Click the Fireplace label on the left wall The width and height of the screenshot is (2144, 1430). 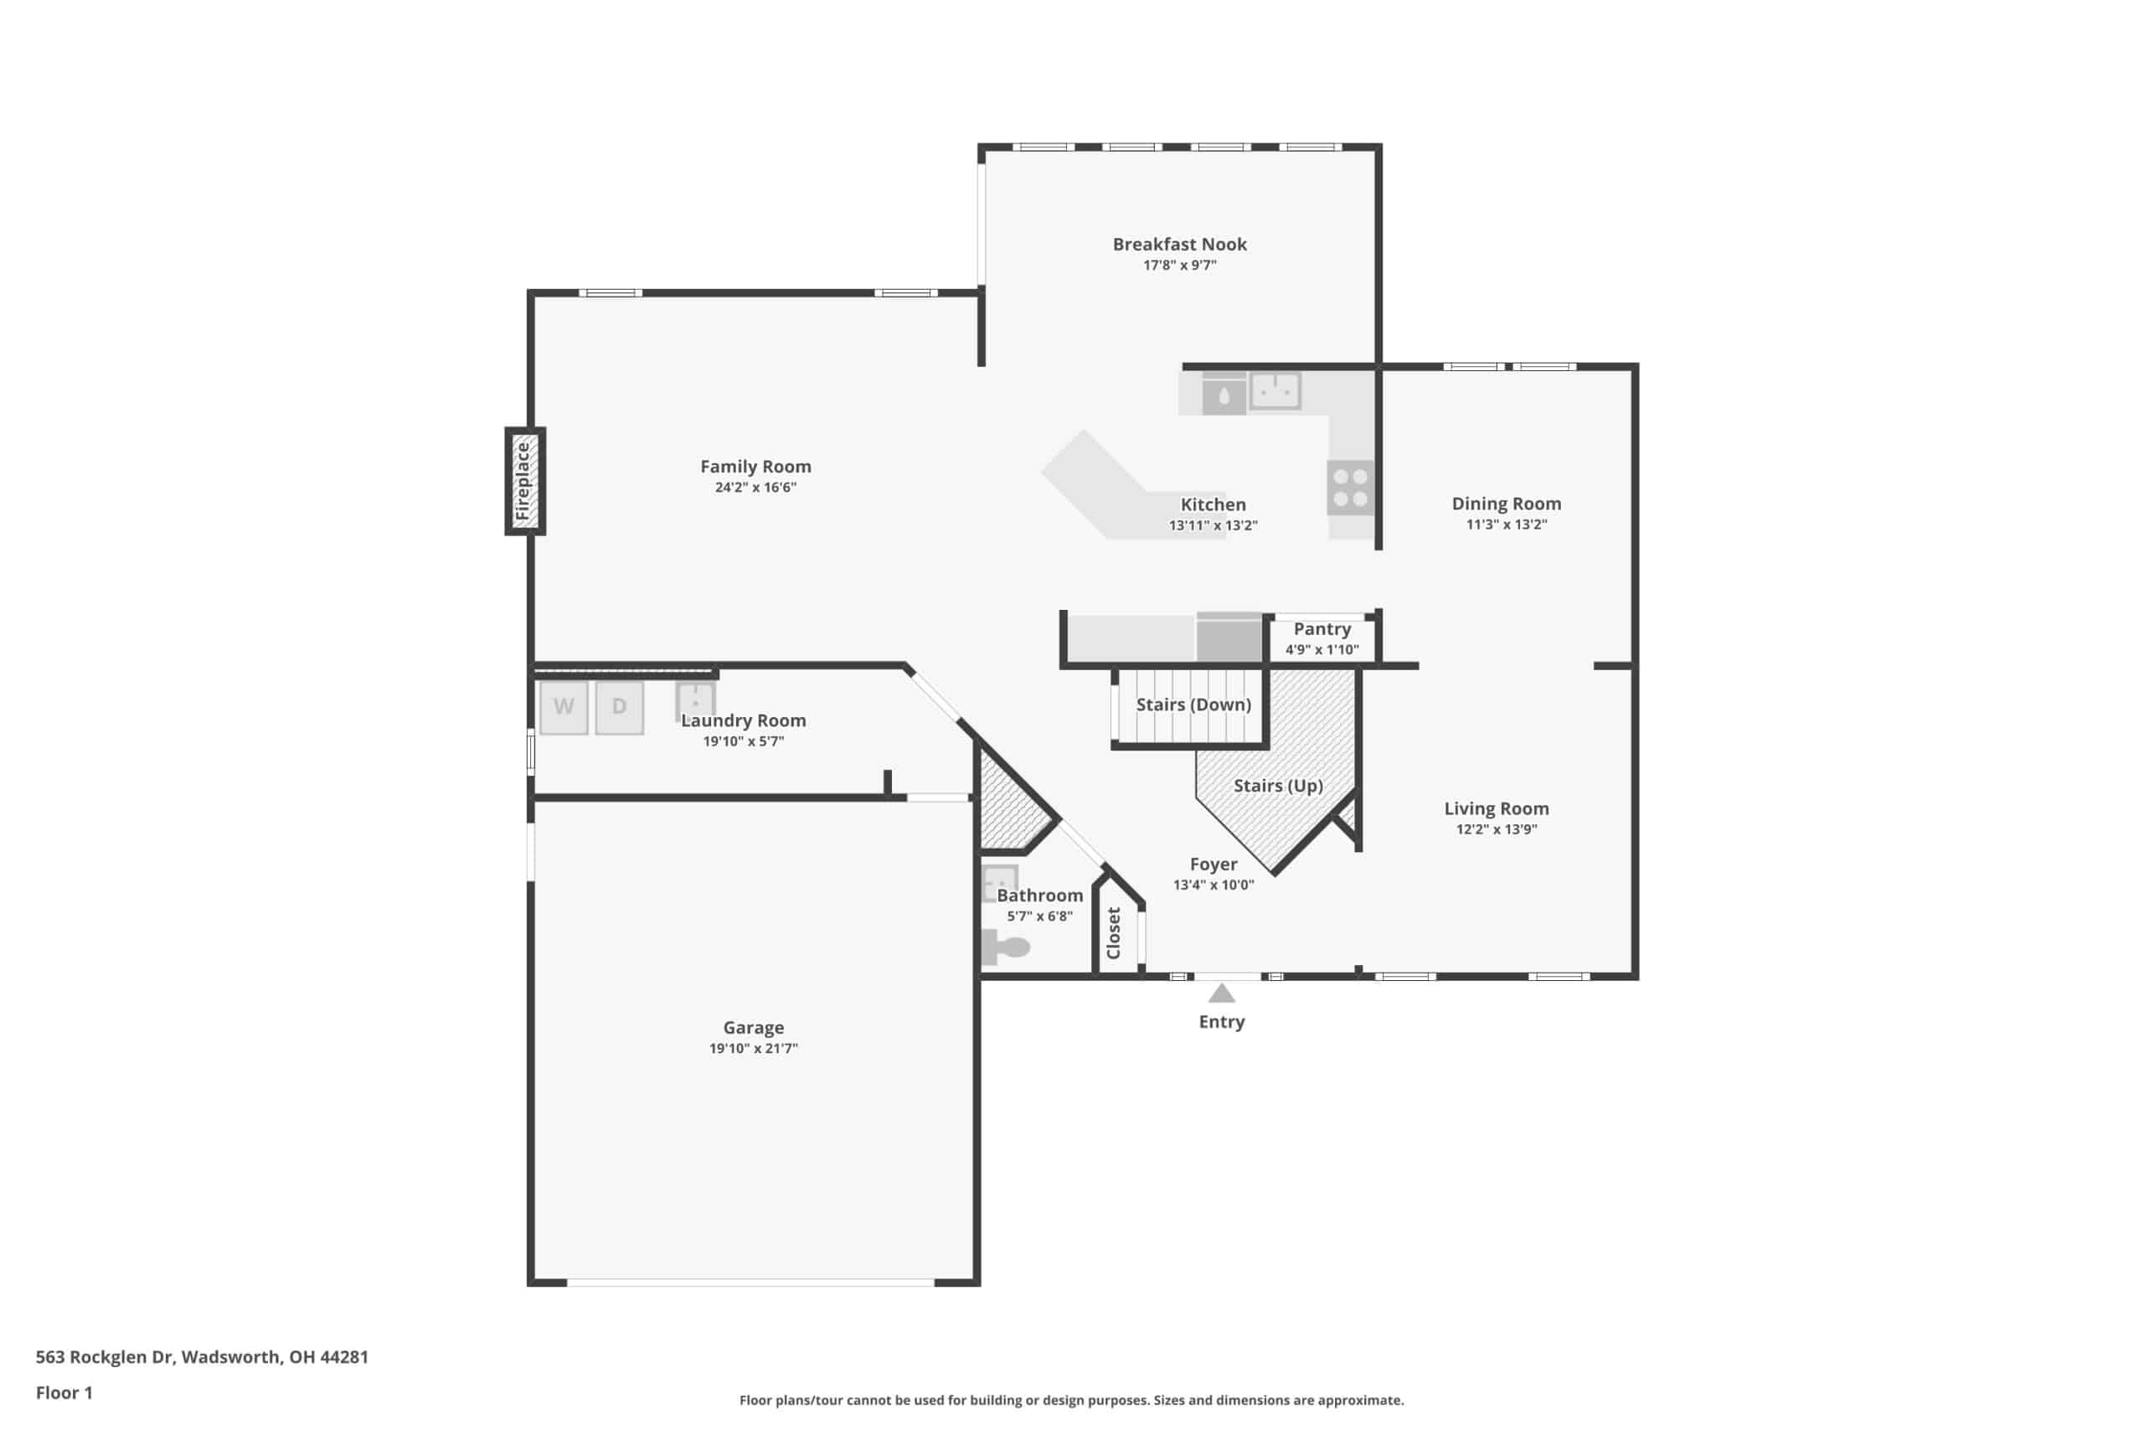[523, 481]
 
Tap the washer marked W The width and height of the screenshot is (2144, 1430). [564, 707]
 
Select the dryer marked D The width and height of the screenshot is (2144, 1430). [620, 707]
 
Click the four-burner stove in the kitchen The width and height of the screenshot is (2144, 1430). [1350, 488]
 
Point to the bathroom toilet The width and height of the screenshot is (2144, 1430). [1004, 947]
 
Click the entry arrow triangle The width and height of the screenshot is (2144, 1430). [1222, 994]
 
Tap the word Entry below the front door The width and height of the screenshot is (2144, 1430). [1222, 1022]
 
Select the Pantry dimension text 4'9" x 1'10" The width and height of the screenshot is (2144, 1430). [1322, 649]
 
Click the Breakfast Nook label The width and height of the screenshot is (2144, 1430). [1179, 245]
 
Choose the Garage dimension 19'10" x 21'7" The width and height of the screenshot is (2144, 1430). [754, 1048]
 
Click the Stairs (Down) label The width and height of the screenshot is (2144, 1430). [1193, 705]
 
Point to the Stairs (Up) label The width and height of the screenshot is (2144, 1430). [1278, 786]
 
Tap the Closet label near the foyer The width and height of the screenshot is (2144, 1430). [1113, 933]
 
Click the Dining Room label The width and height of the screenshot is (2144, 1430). [1506, 503]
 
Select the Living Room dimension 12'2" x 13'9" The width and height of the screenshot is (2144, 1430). [1496, 829]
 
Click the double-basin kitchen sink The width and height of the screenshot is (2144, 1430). [1275, 391]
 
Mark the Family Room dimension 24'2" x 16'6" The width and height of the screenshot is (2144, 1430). [755, 487]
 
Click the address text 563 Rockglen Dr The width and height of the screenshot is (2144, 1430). [104, 1356]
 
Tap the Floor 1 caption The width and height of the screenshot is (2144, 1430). [64, 1392]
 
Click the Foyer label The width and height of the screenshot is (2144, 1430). [1214, 865]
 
